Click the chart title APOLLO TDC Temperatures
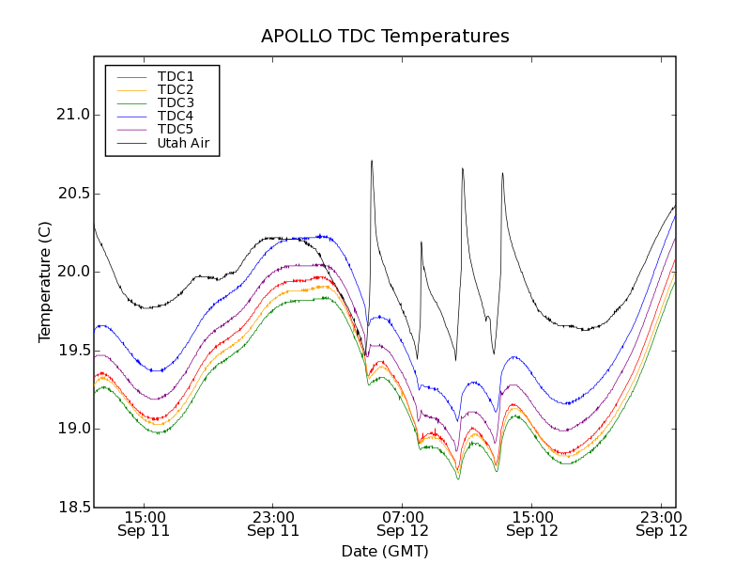click(x=385, y=37)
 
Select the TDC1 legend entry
click(x=176, y=76)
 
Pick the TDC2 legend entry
click(x=176, y=89)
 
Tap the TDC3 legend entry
click(x=176, y=102)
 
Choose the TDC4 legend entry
click(x=176, y=116)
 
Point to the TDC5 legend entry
click(x=176, y=129)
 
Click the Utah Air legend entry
click(x=182, y=143)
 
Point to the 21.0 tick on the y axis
click(x=72, y=115)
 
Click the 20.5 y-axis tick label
click(x=72, y=194)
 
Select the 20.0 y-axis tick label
click(x=72, y=272)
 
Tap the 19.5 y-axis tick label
click(x=72, y=351)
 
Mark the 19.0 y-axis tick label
click(x=72, y=429)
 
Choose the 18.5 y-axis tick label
click(x=72, y=508)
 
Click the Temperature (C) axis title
click(x=45, y=282)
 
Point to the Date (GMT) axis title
click(x=385, y=551)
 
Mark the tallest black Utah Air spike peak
click(x=372, y=161)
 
